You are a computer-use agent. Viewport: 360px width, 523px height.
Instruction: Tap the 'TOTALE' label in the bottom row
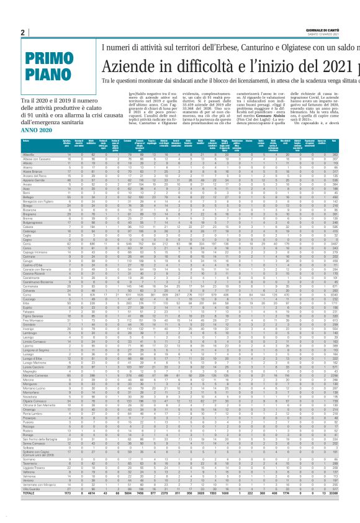click(x=29, y=511)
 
